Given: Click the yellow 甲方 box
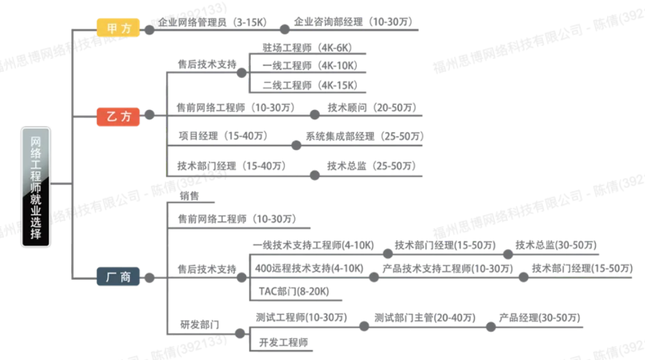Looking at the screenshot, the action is tap(118, 28).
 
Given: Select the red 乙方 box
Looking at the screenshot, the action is tap(118, 117).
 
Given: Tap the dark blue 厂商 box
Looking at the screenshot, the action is tap(118, 276).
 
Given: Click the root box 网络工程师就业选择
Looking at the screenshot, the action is tap(36, 187).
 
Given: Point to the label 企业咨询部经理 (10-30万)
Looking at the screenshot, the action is tap(353, 22).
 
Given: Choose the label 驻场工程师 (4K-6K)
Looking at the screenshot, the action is tap(307, 48).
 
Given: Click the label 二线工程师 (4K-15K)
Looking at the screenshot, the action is tap(310, 85).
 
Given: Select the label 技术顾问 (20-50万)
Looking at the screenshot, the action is tap(372, 108).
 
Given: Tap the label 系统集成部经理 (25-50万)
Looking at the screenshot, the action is tap(364, 136).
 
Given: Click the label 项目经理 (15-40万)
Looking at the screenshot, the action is tap(223, 136).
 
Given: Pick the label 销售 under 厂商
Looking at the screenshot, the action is tap(189, 196).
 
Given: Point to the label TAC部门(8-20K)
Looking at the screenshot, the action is tap(294, 291).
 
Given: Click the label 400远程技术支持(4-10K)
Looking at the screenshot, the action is tap(309, 268).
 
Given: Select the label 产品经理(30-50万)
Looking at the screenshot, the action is tap(539, 318).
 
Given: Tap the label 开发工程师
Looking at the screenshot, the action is tap(283, 342).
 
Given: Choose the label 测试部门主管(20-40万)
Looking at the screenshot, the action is tap(424, 318).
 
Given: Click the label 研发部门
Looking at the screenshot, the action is tap(200, 324).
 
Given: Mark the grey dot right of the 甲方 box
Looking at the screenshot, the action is tap(149, 29).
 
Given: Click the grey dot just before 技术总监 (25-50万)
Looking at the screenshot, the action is tap(315, 175).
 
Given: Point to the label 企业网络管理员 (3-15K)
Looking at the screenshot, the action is tap(213, 22).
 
